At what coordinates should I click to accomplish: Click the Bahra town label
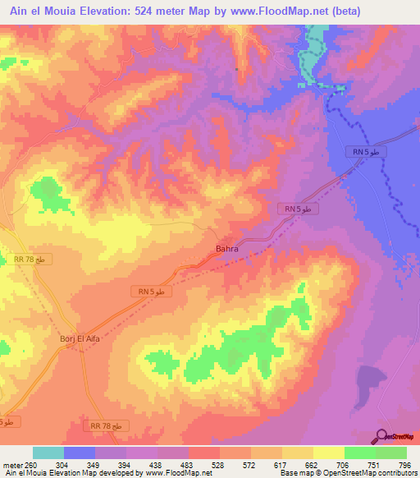[x=226, y=248]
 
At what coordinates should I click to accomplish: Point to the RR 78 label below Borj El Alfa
[x=107, y=425]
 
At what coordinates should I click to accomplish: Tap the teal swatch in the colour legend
[x=48, y=453]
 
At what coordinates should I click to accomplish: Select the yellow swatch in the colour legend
[x=328, y=453]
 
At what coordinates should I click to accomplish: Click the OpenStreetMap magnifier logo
[x=382, y=437]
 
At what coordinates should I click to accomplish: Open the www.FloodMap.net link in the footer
[x=177, y=473]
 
